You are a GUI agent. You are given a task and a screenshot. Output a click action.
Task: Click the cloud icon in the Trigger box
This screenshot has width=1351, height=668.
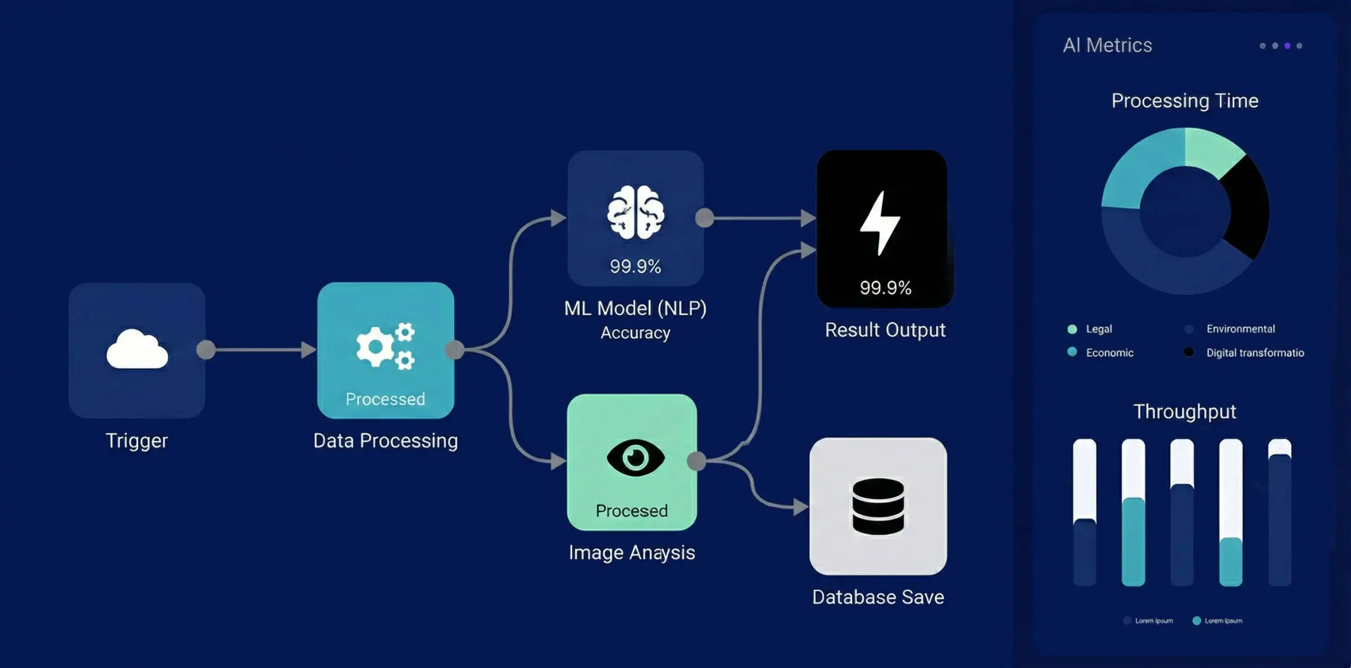(137, 349)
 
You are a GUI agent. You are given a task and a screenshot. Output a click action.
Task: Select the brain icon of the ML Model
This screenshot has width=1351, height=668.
(635, 212)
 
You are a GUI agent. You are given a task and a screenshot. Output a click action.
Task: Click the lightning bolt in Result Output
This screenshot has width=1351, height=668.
(880, 223)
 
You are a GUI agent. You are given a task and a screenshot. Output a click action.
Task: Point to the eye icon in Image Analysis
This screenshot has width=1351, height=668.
(635, 457)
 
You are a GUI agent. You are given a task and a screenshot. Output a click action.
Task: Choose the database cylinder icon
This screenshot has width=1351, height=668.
(878, 506)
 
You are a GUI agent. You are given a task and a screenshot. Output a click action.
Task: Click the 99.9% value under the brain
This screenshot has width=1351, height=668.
(635, 266)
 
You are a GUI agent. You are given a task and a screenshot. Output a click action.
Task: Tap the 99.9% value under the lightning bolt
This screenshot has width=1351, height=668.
(885, 288)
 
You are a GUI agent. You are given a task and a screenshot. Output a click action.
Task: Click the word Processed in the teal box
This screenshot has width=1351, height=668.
(385, 399)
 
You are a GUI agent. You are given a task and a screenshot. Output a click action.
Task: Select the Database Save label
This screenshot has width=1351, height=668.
(878, 597)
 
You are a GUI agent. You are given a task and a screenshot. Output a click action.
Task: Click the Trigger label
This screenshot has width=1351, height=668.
(137, 441)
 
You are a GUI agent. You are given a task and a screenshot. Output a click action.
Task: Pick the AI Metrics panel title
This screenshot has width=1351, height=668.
(1107, 45)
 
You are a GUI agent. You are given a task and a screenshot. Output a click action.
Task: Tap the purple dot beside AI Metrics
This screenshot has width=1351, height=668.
(1287, 46)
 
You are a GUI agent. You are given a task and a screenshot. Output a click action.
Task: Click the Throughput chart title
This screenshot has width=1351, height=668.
(1185, 412)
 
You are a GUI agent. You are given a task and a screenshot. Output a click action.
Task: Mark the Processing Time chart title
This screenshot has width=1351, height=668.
(1185, 101)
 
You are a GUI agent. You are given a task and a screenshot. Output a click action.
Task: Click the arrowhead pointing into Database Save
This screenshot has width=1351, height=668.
(800, 507)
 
